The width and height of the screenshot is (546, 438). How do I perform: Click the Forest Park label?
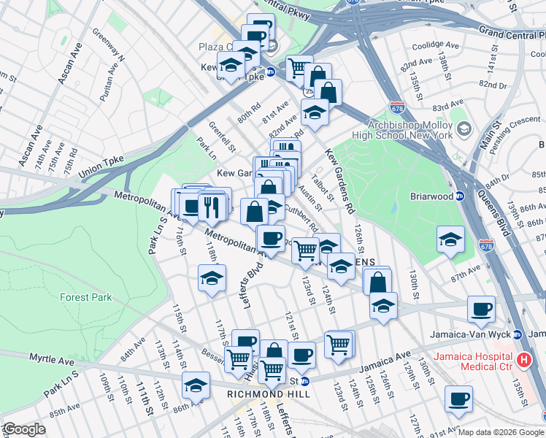(86, 297)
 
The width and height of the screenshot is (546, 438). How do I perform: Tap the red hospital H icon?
(524, 360)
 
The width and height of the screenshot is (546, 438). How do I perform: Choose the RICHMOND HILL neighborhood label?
(269, 393)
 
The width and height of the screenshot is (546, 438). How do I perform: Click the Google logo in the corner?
(23, 429)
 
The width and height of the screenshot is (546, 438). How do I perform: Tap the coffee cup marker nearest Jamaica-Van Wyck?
(481, 310)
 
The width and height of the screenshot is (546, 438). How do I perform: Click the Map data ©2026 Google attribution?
(501, 432)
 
